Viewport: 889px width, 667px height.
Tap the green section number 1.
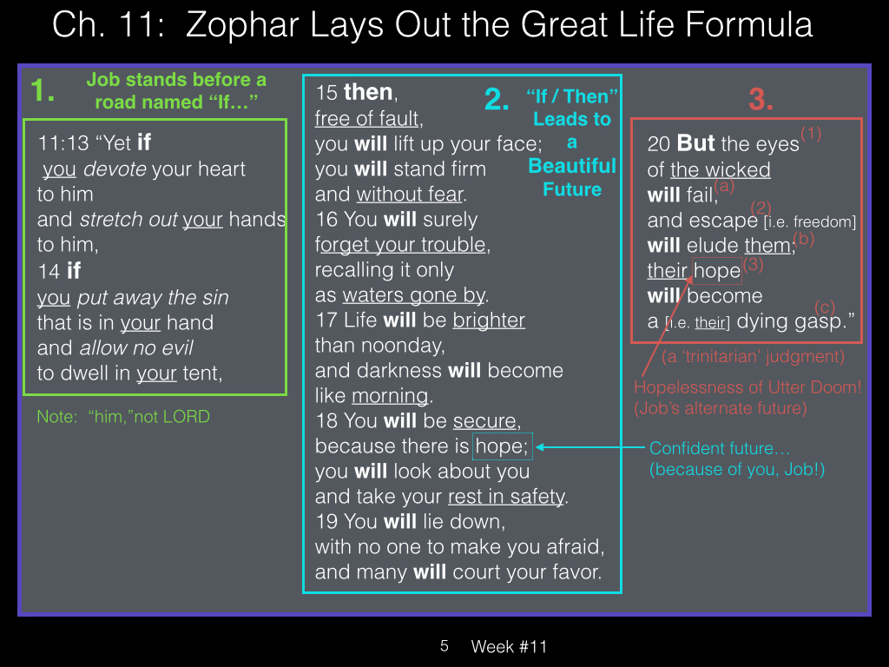[43, 90]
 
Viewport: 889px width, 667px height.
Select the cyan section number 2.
[497, 100]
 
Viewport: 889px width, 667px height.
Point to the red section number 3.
[761, 99]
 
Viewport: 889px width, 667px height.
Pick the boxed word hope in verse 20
[716, 271]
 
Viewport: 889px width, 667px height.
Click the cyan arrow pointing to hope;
[590, 447]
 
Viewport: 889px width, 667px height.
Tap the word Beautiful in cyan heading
[572, 166]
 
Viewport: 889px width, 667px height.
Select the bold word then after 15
[368, 92]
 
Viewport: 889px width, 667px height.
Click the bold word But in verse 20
[695, 143]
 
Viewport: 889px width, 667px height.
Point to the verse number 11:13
[63, 143]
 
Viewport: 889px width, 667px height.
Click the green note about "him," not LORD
[123, 416]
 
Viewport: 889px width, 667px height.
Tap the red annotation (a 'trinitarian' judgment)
[753, 356]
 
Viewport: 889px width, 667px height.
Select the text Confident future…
[720, 448]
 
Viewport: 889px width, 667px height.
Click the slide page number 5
[444, 646]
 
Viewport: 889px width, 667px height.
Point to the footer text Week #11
[509, 646]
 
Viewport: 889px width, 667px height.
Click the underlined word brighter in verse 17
[489, 320]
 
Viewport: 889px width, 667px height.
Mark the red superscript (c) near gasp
[825, 307]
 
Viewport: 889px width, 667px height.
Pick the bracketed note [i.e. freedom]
[810, 221]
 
